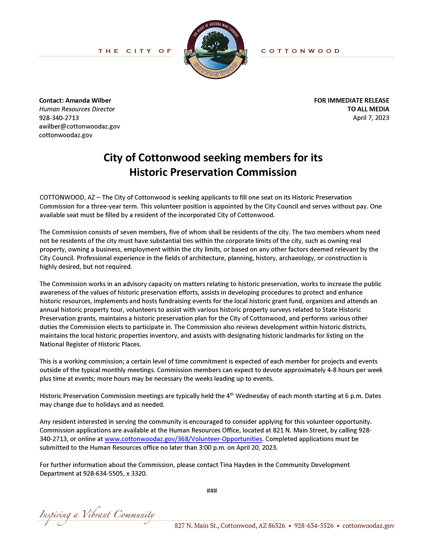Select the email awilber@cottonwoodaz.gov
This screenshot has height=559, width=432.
point(79,126)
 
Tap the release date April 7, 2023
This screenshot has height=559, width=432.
point(371,118)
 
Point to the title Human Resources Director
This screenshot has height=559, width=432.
point(77,109)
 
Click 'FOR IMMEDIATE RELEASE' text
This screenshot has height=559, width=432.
point(351,100)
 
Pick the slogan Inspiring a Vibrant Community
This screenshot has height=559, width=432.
point(97,515)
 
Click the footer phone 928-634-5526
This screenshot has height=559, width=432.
point(314,526)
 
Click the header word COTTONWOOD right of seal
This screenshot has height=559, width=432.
point(300,51)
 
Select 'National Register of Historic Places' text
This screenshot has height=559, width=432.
point(90,344)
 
